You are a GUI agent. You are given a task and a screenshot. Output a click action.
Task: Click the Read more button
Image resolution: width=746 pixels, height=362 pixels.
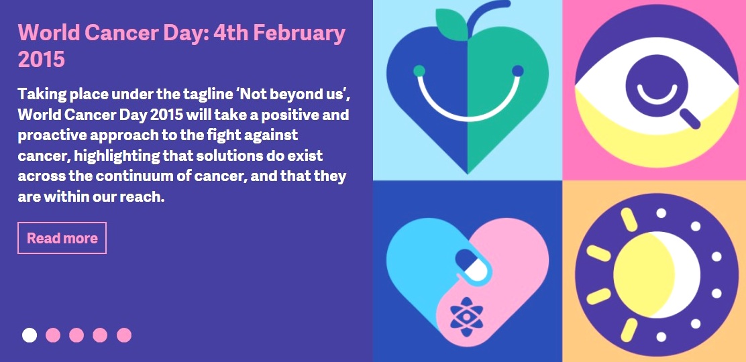(x=62, y=238)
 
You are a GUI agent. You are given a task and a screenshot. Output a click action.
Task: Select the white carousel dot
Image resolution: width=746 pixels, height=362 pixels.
(x=30, y=335)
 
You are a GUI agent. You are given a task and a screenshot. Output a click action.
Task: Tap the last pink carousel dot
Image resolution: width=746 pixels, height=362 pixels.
(x=124, y=335)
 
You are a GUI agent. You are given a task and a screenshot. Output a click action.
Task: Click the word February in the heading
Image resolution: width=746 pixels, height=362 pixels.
(x=299, y=34)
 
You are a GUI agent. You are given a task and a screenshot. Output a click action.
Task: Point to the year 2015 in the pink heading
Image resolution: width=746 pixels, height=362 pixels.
(x=41, y=60)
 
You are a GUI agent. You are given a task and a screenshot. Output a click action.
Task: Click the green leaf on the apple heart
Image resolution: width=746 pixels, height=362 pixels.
(x=452, y=23)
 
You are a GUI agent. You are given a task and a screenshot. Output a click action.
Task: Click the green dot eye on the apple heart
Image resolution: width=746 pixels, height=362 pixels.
(x=419, y=71)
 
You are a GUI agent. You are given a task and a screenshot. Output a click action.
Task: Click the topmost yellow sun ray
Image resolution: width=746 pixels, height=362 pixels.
(x=629, y=220)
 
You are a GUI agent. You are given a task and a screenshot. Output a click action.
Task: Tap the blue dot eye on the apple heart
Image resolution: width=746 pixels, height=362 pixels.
(x=518, y=71)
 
